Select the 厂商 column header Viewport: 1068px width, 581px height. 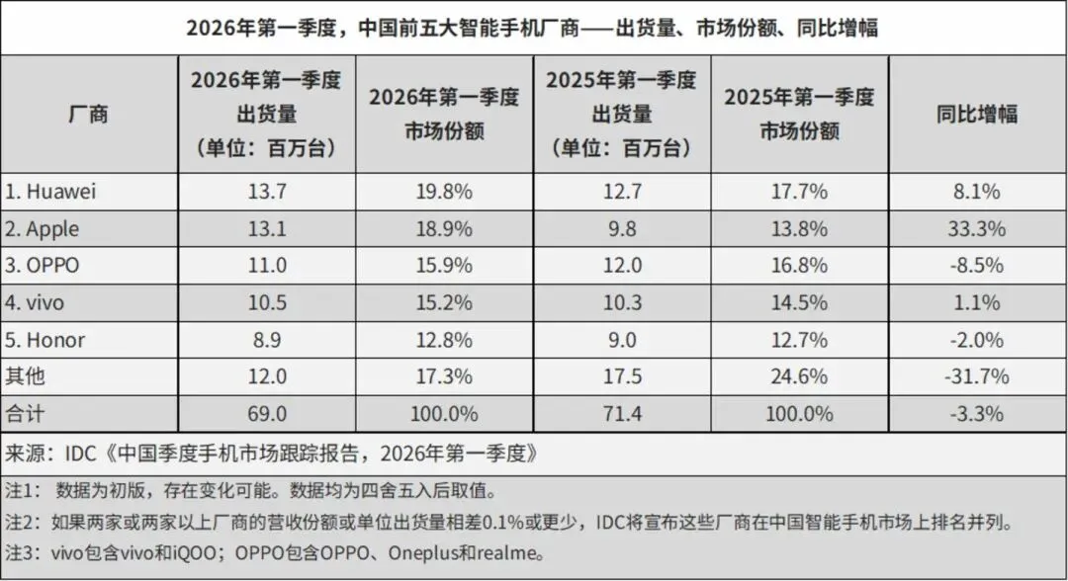[88, 114]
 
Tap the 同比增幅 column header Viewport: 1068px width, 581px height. [977, 114]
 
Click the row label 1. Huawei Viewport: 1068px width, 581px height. [55, 191]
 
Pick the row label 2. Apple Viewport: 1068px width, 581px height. [46, 228]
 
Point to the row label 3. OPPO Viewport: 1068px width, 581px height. [46, 266]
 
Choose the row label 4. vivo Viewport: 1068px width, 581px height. [41, 302]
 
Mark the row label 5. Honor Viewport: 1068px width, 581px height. [50, 340]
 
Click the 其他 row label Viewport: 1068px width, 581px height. [27, 376]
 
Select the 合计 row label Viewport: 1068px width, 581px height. [27, 413]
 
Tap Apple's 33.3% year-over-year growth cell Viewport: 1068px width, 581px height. [977, 228]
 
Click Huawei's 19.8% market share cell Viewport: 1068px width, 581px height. [443, 191]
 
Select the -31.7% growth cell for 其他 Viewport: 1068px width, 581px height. [977, 376]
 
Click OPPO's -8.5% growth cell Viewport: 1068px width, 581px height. [977, 266]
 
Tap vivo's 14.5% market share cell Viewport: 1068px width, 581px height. [799, 302]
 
